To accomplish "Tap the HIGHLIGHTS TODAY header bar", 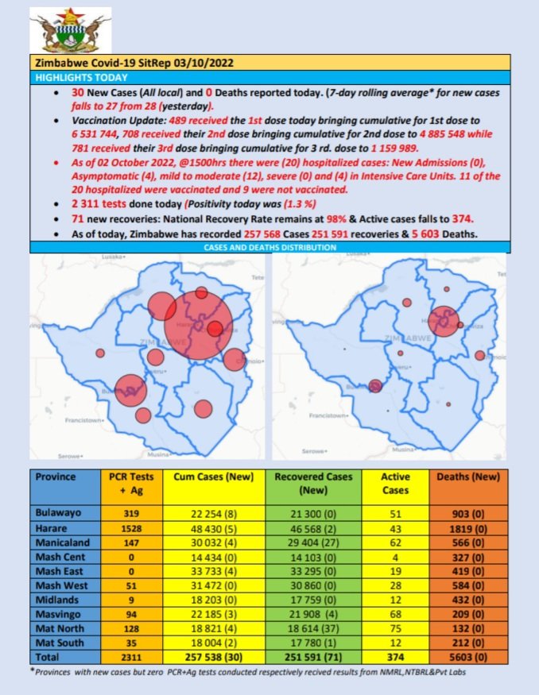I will [80, 77].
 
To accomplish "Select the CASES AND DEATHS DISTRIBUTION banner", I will [270, 248].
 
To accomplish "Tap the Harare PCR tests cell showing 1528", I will [131, 527].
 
